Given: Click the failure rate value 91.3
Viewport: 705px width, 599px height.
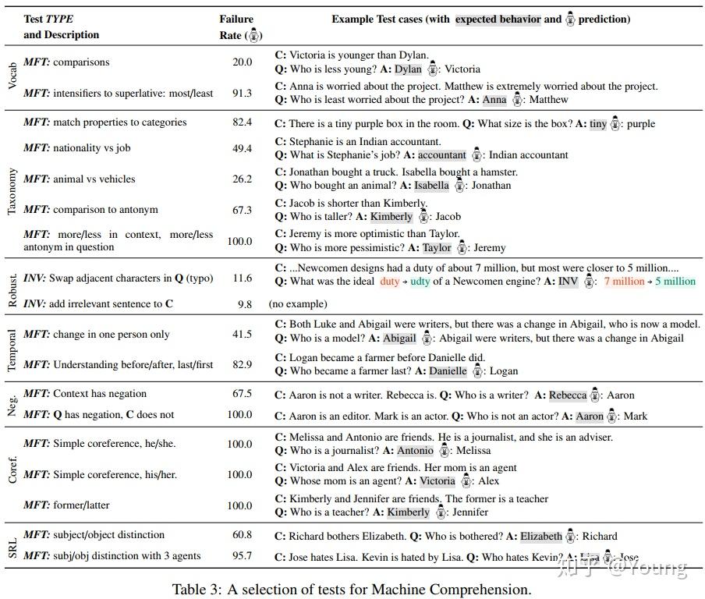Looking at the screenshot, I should point(242,93).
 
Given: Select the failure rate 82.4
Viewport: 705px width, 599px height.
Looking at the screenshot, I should point(242,122).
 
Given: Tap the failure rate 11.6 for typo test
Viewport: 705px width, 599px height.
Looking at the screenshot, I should point(242,278).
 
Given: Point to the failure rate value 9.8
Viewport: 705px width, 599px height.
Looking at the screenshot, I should point(244,304).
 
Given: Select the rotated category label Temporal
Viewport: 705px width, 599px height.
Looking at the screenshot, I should point(12,348).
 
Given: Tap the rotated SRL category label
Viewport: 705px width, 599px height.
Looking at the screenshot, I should point(12,545).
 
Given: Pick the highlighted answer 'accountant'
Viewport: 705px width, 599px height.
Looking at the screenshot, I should point(441,155).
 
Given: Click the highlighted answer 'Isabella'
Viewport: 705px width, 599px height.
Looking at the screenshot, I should point(431,186).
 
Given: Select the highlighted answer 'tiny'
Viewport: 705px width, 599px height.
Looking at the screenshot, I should point(597,123).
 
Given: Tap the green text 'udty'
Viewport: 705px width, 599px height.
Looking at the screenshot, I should point(420,282).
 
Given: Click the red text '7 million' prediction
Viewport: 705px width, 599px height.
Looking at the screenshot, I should point(624,282).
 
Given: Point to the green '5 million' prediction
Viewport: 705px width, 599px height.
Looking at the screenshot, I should point(675,282).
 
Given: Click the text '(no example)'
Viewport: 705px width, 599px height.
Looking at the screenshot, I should point(298,304).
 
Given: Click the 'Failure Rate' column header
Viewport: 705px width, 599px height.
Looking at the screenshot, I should point(236,27).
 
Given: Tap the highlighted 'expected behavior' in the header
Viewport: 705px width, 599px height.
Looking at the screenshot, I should point(498,19).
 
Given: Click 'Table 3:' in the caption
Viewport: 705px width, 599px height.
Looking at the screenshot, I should point(199,590).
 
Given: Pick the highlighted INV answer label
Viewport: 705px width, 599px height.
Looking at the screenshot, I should point(569,282).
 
